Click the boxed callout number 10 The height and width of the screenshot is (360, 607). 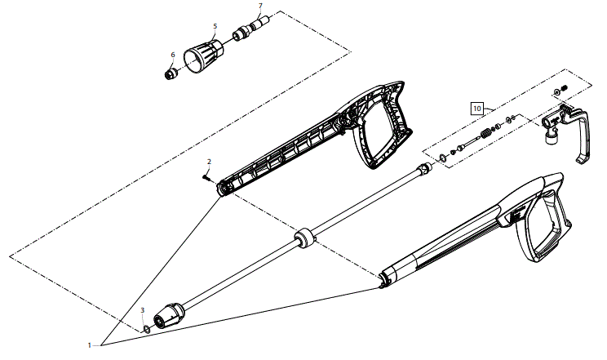[x=477, y=106]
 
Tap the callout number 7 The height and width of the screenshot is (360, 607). [x=261, y=6]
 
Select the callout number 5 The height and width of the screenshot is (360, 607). [x=215, y=26]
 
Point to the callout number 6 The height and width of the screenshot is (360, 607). [x=173, y=55]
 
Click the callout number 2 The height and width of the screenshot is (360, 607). [x=209, y=162]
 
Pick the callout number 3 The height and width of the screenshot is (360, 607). [x=143, y=310]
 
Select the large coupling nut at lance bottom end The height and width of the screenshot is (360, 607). [x=169, y=313]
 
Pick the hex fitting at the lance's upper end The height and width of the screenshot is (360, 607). [x=423, y=170]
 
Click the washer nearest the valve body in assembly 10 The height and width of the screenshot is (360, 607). [x=511, y=121]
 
